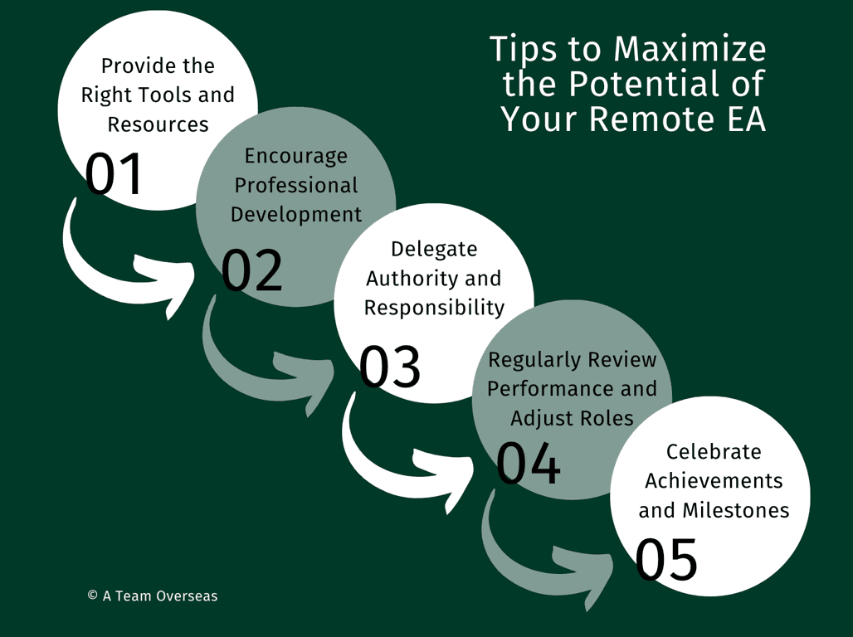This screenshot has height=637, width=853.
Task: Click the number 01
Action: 114,173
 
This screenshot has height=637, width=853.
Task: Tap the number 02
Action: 252,270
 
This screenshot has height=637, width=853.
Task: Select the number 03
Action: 390,366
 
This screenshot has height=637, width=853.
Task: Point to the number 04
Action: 529,463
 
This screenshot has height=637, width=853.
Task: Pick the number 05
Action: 666,559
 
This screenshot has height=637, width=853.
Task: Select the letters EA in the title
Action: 746,119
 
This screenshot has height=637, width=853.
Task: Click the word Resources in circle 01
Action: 158,124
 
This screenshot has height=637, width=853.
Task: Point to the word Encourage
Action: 296,157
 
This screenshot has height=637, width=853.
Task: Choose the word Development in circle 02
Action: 296,214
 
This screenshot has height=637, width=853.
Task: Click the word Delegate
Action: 434,250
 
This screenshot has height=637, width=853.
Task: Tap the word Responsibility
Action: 434,308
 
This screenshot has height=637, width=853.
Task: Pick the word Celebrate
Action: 714,451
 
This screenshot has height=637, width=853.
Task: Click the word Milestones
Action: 735,510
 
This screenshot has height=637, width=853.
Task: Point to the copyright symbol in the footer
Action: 92,595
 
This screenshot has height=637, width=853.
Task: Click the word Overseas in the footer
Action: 187,596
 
